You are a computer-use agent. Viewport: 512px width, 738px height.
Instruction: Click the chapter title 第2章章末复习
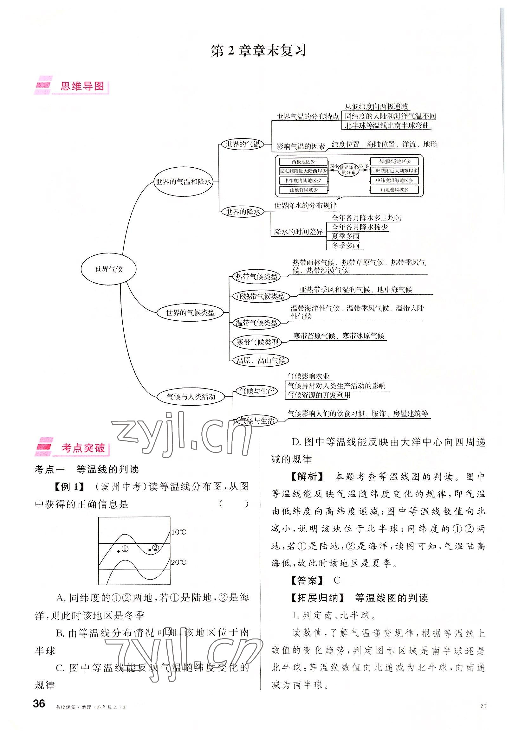[259, 51]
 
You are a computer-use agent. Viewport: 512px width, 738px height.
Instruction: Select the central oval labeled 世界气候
[109, 269]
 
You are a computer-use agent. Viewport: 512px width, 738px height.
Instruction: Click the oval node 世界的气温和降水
[183, 182]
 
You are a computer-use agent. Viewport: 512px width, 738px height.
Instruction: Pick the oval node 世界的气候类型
[190, 312]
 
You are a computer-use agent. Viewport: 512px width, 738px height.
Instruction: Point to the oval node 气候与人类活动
[191, 397]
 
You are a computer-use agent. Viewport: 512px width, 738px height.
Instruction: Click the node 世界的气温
[242, 144]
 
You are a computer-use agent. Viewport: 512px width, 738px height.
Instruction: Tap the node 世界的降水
[243, 212]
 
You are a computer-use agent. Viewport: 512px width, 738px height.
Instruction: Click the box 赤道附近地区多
[394, 161]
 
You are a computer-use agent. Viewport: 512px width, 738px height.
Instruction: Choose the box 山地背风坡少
[303, 190]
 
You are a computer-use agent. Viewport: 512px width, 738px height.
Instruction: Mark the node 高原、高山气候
[261, 360]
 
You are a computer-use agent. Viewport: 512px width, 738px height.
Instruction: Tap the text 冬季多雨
[346, 246]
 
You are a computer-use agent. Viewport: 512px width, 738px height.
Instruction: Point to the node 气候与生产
[256, 391]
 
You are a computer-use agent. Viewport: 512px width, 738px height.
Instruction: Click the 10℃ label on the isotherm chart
[179, 532]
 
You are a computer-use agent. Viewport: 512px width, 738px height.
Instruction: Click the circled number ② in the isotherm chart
[155, 547]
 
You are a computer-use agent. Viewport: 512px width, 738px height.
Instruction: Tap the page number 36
[39, 704]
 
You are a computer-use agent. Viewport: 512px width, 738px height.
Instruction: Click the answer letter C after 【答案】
[336, 580]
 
